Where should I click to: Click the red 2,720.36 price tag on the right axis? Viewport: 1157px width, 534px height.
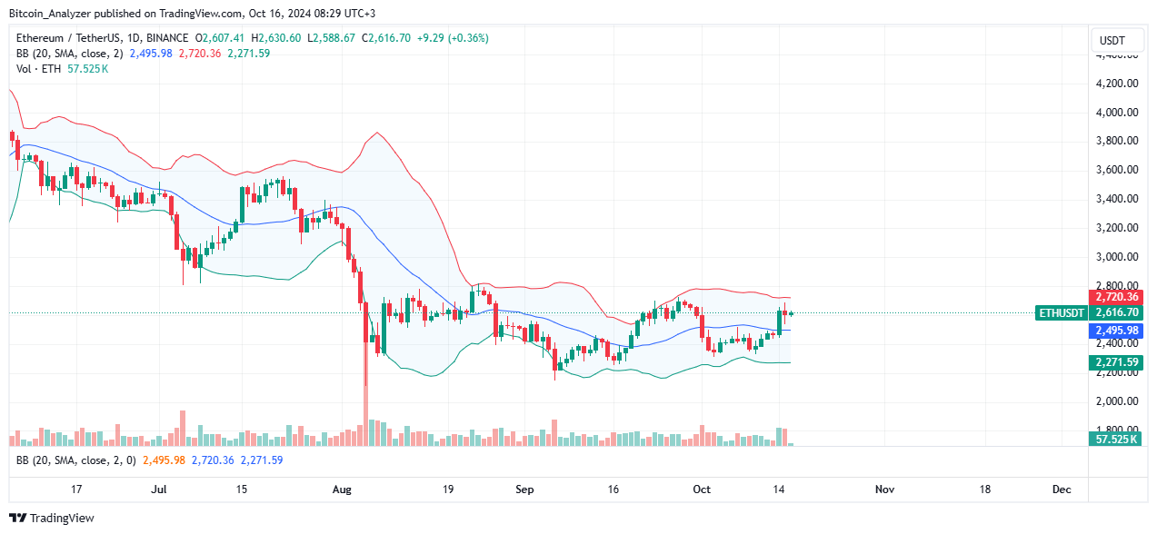1114,297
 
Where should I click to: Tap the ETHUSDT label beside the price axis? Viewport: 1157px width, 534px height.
1062,312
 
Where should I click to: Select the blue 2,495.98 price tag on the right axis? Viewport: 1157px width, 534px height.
1114,331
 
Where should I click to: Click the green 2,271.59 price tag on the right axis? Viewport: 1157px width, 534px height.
1114,363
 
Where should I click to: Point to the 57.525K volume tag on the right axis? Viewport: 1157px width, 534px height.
1114,440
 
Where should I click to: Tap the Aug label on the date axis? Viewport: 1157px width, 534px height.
342,489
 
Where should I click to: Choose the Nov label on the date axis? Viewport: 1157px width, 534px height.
884,489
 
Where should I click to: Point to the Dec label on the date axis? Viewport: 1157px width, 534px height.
1061,489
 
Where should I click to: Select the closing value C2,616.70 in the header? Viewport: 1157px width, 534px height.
385,38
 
